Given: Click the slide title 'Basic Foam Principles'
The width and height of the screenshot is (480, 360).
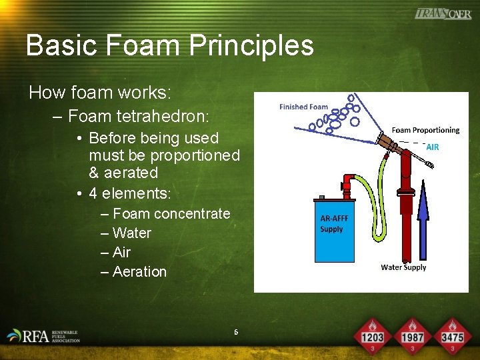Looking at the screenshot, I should pos(169,45).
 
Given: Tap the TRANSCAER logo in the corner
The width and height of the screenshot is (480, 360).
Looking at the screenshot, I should pos(443,13).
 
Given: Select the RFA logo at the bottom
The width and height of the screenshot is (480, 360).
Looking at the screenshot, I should pos(43,335).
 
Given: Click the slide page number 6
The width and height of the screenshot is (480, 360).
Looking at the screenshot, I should pos(236,332).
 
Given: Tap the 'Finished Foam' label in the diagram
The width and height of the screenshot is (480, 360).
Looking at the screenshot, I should pos(303,107).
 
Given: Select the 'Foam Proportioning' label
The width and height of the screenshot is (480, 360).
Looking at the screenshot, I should pos(425,130).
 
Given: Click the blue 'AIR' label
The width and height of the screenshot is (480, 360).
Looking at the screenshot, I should pos(432,147).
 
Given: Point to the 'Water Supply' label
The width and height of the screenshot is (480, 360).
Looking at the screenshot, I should pos(403,267).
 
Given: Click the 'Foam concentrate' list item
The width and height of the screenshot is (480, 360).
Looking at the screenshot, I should pos(171,213).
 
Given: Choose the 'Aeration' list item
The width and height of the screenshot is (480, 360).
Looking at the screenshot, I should pos(139,271).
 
